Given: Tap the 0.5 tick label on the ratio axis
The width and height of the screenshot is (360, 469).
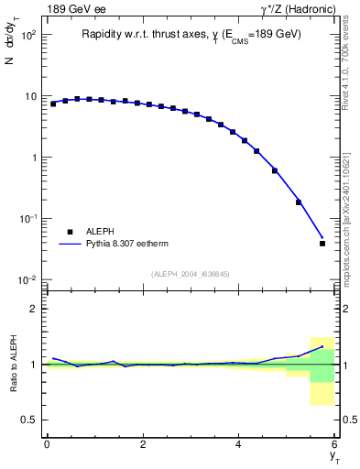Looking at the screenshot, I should point(29,420).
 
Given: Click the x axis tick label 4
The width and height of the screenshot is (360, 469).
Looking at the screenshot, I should point(239,444).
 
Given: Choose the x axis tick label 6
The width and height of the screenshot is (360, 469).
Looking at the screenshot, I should point(334,444).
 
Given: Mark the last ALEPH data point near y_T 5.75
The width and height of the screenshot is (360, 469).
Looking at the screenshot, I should point(322,243).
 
